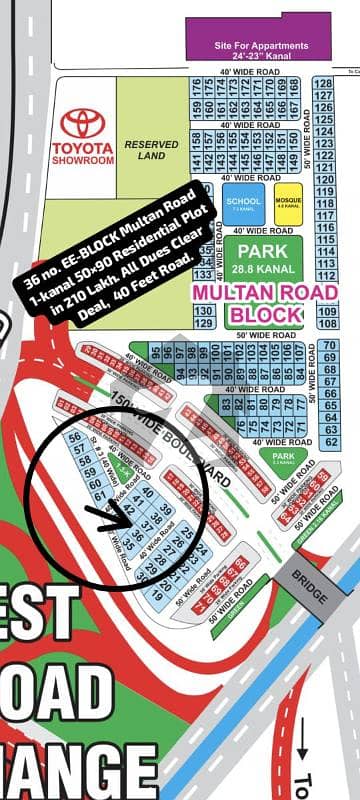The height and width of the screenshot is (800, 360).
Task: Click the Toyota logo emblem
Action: [85, 123]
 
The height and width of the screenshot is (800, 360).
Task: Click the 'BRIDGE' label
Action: [309, 588]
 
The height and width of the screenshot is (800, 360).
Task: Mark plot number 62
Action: [331, 440]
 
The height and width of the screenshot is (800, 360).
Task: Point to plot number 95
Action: [154, 351]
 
